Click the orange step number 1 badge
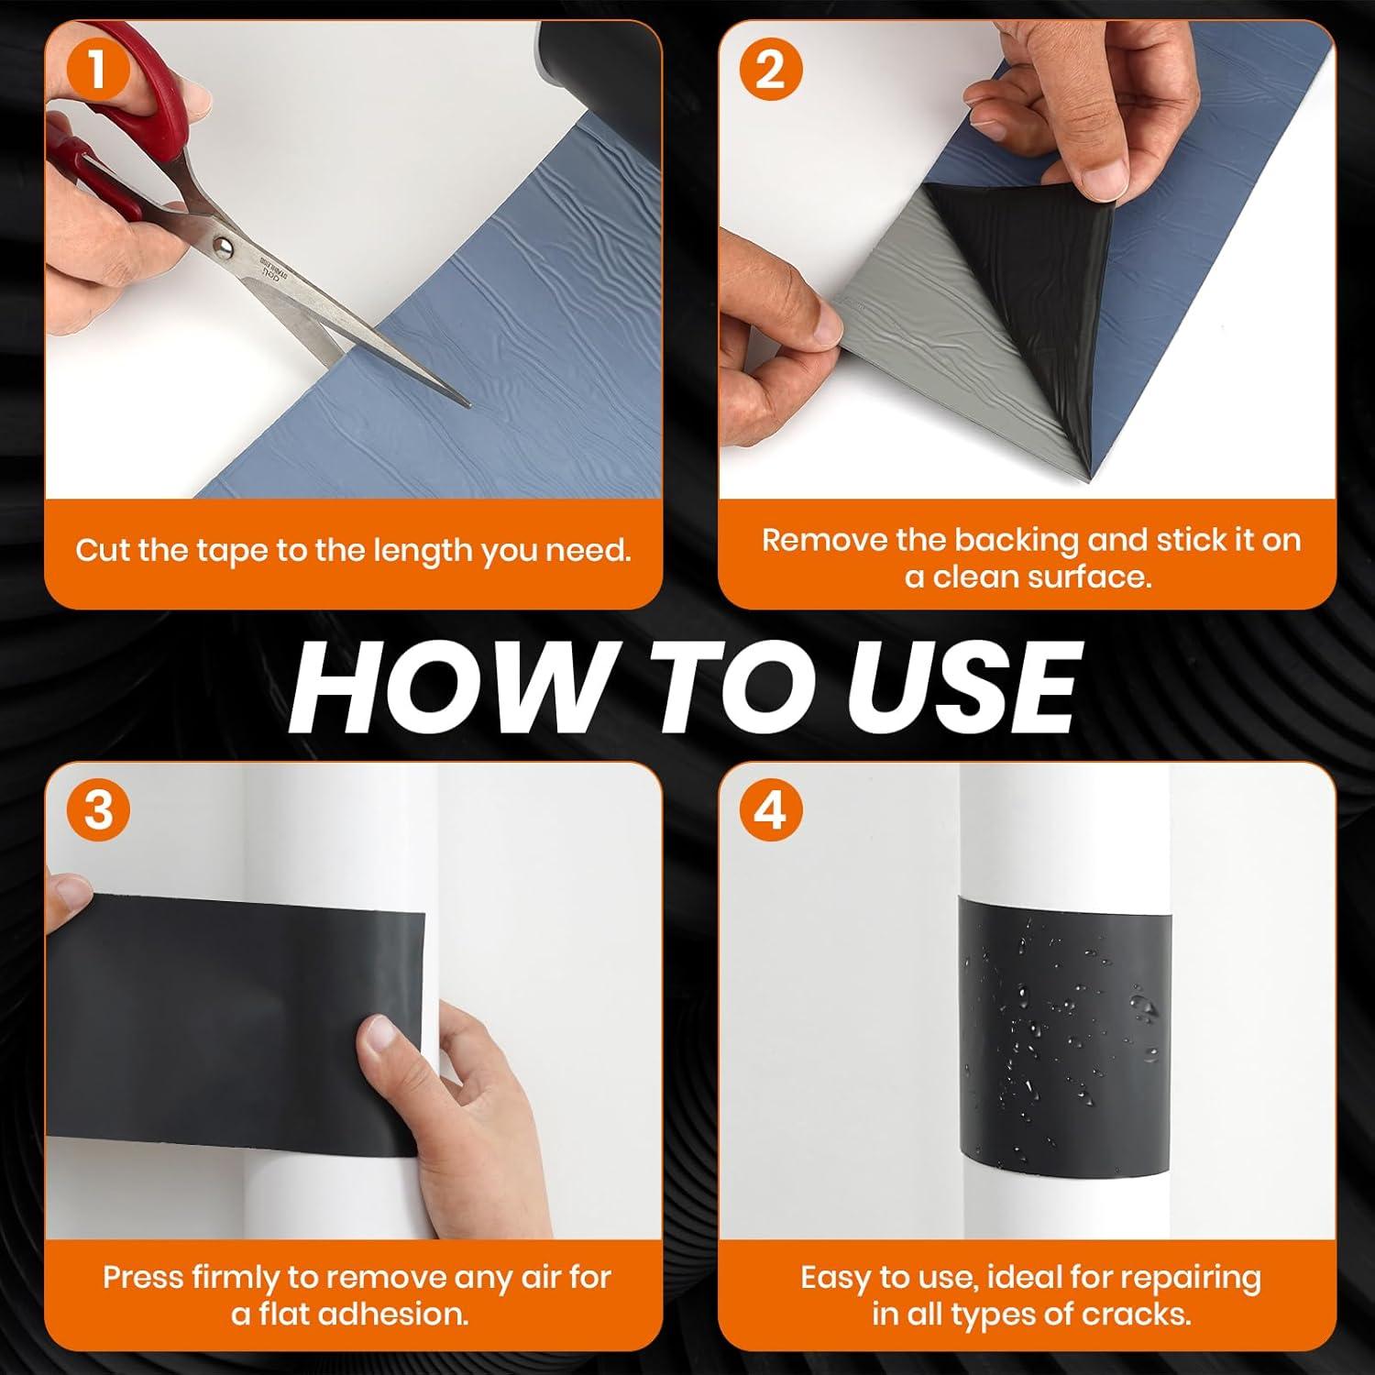point(96,70)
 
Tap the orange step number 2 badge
point(770,70)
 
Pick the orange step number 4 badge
point(771,810)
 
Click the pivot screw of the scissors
point(222,244)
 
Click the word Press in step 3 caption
point(140,1277)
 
